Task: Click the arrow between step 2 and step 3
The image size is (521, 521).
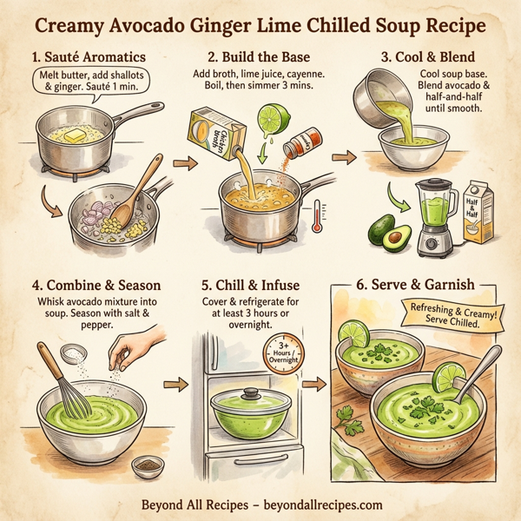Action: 343,158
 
